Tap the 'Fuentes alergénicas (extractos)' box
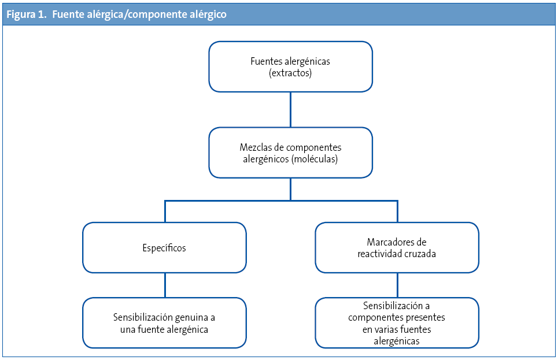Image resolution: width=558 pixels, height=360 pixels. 290,66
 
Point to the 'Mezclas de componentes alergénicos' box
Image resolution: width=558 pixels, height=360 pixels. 290,153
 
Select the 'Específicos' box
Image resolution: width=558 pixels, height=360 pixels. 164,248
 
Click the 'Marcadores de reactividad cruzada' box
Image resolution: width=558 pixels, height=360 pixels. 397,248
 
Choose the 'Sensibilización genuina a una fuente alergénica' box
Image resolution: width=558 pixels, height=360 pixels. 164,323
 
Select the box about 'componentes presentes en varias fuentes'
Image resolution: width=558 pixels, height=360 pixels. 397,323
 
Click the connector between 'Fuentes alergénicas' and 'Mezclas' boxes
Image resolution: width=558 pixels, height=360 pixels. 290,110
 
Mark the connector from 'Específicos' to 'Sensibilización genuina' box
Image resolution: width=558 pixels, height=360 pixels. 165,285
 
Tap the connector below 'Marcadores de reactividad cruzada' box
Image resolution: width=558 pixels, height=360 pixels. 397,285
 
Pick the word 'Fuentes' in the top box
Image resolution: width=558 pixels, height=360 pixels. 265,61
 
